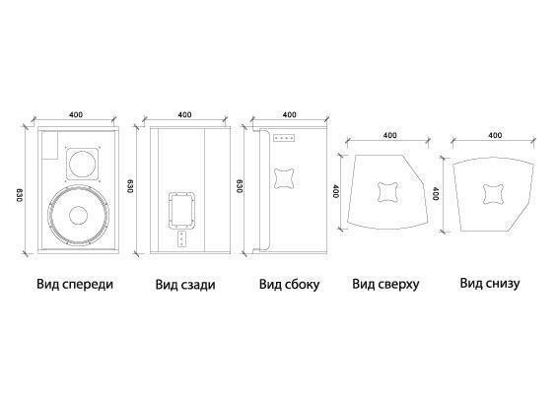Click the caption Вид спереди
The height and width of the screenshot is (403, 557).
point(75,285)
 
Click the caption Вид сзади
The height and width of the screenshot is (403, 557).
point(185,285)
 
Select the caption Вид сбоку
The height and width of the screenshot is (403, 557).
point(289,285)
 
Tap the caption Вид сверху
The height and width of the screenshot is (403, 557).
point(385,285)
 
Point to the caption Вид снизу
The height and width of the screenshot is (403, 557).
point(490,284)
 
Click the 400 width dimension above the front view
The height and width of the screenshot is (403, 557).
point(76,114)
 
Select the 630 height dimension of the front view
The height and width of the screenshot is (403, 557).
point(19,196)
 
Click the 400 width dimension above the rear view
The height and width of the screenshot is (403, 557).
point(184,114)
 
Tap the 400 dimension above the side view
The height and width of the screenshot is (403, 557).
point(290,114)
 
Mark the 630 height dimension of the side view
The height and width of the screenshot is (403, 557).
point(240,186)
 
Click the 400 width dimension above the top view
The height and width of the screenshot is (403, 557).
point(390,135)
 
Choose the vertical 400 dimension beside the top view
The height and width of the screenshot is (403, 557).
point(336,191)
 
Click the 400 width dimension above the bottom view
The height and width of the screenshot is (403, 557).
point(495,135)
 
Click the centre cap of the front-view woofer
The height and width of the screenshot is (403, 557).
point(79,215)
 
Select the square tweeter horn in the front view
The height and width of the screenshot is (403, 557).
point(82,164)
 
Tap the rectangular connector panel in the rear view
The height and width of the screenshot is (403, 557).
point(181,210)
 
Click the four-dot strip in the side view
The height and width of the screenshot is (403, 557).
point(284,137)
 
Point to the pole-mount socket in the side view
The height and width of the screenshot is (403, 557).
point(284,178)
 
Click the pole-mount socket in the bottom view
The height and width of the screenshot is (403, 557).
point(494,194)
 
